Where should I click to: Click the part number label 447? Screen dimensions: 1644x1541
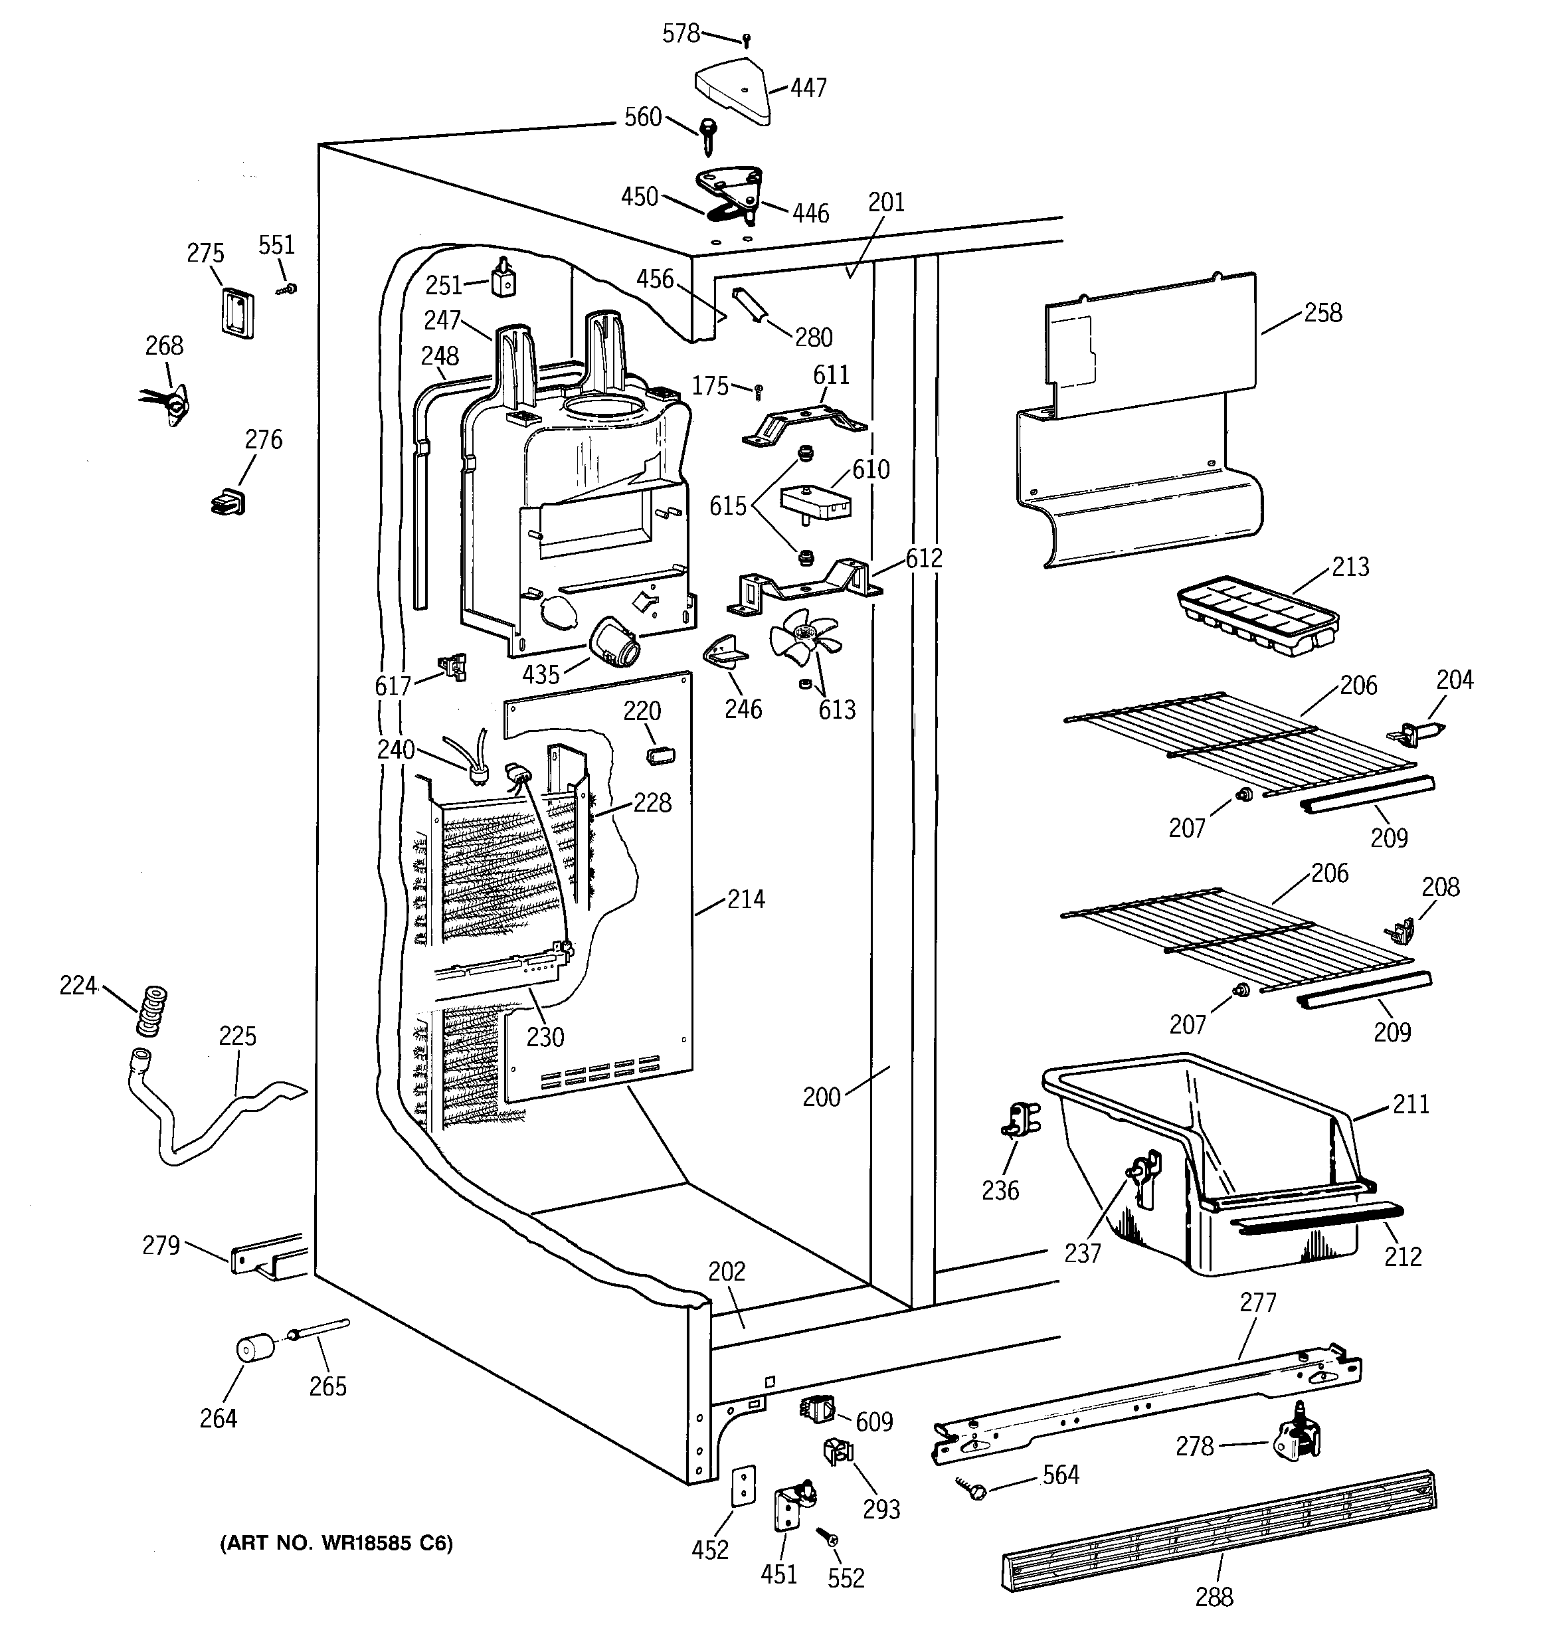click(x=808, y=88)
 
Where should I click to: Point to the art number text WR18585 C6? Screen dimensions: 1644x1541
click(x=337, y=1543)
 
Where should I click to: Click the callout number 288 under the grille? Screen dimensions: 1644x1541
click(x=1214, y=1596)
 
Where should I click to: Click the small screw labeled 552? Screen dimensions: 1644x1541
click(x=828, y=1536)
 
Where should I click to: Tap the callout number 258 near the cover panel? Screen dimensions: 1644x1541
click(x=1322, y=313)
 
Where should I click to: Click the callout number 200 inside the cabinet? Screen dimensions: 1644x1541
click(x=822, y=1097)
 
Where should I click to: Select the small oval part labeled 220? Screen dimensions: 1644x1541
click(x=660, y=753)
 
